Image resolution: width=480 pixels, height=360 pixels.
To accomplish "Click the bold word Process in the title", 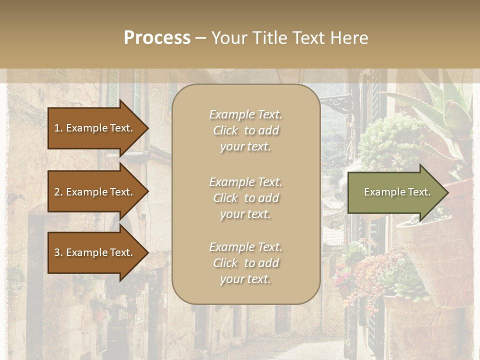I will pos(157,38).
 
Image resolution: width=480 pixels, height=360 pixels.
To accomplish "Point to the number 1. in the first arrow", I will pos(58,128).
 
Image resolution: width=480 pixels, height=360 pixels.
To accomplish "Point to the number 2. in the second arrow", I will pos(58,192).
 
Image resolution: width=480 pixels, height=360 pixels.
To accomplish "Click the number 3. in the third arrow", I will pos(58,252).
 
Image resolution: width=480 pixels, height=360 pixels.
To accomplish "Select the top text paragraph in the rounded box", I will pos(245,130).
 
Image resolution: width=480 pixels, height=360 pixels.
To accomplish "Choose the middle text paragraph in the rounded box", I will pos(245,198).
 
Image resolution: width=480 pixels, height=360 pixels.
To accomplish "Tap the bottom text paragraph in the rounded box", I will pos(245,263).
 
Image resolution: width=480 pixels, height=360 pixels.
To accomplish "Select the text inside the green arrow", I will pos(397,192).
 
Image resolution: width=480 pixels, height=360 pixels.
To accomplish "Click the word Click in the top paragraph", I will pos(225,130).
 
